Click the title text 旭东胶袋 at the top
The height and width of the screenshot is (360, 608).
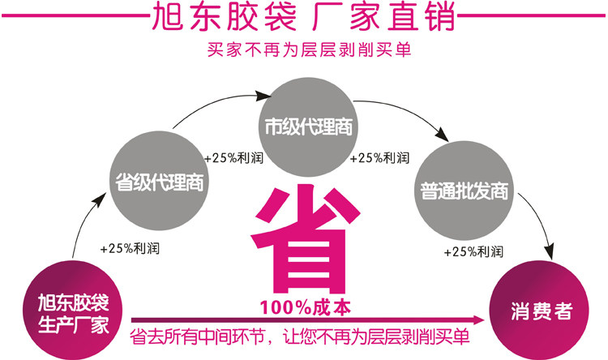coord(224,17)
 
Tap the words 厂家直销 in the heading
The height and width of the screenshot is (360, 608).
coord(383,17)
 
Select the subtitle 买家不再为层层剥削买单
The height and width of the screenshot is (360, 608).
coord(309,49)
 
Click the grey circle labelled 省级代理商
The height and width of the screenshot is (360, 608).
coord(160,180)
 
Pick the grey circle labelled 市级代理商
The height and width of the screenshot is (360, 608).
coord(308,126)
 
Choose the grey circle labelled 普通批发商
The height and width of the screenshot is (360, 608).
coord(465,191)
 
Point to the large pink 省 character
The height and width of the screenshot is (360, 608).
coord(305,239)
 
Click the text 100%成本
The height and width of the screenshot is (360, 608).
coord(305,307)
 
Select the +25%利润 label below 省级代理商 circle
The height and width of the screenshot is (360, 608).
coord(130,248)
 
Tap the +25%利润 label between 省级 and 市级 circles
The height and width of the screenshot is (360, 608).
coord(233,158)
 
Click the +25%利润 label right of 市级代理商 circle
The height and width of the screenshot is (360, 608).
coord(379,158)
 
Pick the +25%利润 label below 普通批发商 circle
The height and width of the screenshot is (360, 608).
coord(473,252)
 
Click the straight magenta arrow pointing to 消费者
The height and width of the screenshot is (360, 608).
coord(308,320)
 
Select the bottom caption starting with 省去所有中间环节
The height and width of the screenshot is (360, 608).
coord(299,336)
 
